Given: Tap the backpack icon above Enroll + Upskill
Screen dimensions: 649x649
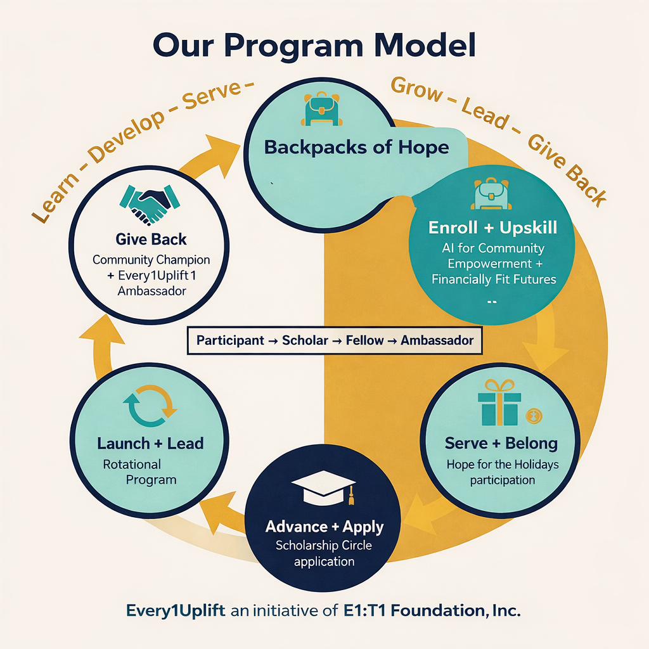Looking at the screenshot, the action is coord(491,193).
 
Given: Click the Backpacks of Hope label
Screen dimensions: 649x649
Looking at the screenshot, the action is coord(356,148).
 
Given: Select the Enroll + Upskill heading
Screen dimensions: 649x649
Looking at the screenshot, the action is coord(492,228).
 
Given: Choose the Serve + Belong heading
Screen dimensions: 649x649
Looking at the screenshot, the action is coord(501,443).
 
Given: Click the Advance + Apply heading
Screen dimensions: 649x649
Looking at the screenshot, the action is coord(324,527).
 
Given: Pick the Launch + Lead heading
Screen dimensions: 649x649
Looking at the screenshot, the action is coord(150,443).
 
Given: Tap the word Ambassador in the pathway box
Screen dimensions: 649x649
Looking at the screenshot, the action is coord(437,340).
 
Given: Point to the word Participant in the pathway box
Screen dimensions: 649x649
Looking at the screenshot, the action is coord(230,340).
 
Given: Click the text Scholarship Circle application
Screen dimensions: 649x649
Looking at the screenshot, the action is coord(324,552).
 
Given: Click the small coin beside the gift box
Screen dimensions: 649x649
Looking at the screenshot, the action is coord(532,416).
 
